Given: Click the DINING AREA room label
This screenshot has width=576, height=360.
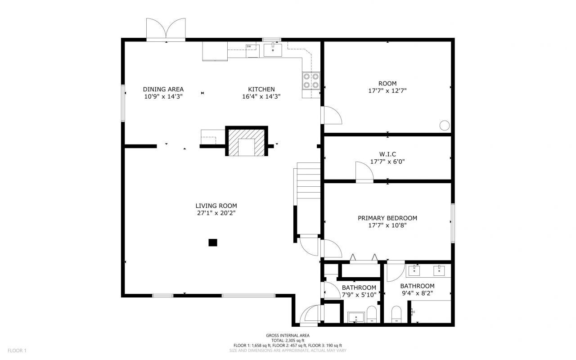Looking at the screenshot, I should pyautogui.click(x=163, y=89).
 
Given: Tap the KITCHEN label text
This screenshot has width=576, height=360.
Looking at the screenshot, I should pyautogui.click(x=261, y=89).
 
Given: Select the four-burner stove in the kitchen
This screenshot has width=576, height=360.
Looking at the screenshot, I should pyautogui.click(x=311, y=81).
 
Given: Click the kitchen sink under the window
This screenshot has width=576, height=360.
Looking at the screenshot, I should pyautogui.click(x=273, y=49).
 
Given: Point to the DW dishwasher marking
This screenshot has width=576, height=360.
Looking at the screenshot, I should pyautogui.click(x=249, y=46).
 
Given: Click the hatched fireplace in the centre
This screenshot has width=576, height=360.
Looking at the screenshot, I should pyautogui.click(x=246, y=142).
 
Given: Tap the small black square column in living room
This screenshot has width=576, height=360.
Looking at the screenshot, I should pyautogui.click(x=213, y=243).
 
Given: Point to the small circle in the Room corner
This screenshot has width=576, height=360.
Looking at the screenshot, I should pyautogui.click(x=444, y=126).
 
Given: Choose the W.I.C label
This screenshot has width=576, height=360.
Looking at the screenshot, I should pyautogui.click(x=387, y=154).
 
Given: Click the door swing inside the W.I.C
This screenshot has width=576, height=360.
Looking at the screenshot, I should pyautogui.click(x=363, y=171).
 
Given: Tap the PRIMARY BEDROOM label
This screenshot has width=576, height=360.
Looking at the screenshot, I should pyautogui.click(x=387, y=218).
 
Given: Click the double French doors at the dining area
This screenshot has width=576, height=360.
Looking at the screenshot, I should pyautogui.click(x=166, y=30).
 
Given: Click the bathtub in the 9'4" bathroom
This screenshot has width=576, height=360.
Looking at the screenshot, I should pyautogui.click(x=432, y=312).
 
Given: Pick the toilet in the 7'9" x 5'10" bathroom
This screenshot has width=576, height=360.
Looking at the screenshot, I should pyautogui.click(x=372, y=315).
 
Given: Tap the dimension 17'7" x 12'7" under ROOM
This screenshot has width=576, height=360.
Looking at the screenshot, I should pyautogui.click(x=387, y=90).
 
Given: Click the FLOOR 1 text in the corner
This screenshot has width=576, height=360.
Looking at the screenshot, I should pyautogui.click(x=17, y=350).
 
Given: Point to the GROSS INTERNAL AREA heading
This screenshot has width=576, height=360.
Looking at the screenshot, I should pyautogui.click(x=288, y=335).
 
